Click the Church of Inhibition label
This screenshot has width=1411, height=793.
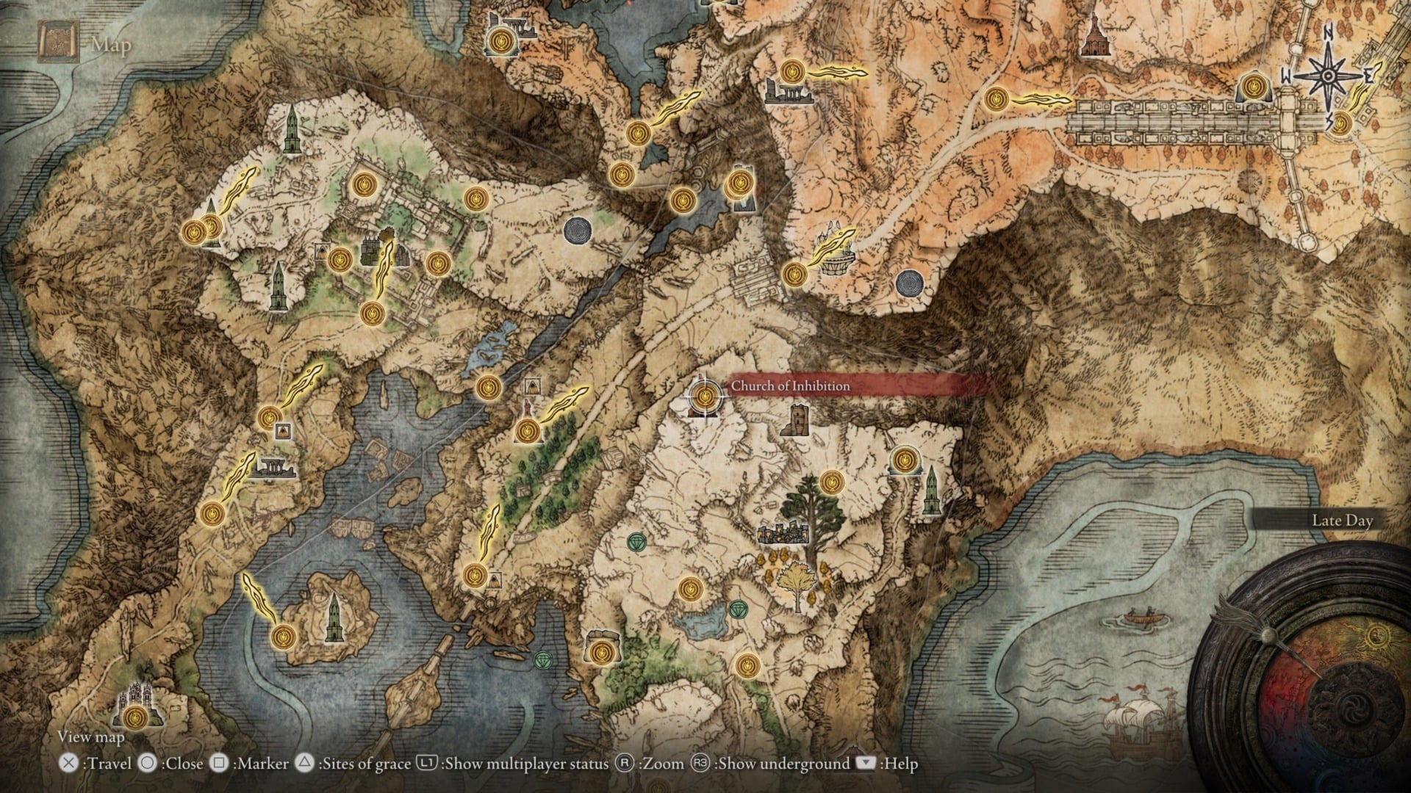pyautogui.click(x=790, y=386)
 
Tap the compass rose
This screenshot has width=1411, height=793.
pyautogui.click(x=1328, y=76)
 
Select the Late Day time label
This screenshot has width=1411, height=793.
pyautogui.click(x=1342, y=521)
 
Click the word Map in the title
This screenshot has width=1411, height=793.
pyautogui.click(x=111, y=45)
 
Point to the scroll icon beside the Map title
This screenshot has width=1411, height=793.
pyautogui.click(x=58, y=42)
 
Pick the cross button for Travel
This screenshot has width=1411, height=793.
pyautogui.click(x=68, y=764)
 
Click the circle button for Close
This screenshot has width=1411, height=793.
pyautogui.click(x=148, y=764)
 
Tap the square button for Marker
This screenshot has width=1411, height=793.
pyautogui.click(x=219, y=764)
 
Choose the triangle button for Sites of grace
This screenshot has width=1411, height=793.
pyautogui.click(x=304, y=764)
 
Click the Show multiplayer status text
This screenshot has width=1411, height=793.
pyautogui.click(x=526, y=764)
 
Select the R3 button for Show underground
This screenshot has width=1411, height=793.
pyautogui.click(x=700, y=764)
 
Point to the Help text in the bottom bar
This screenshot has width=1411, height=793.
pyautogui.click(x=900, y=764)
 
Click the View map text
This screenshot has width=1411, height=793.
pyautogui.click(x=91, y=736)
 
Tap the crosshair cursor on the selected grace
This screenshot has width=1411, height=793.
pyautogui.click(x=705, y=396)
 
